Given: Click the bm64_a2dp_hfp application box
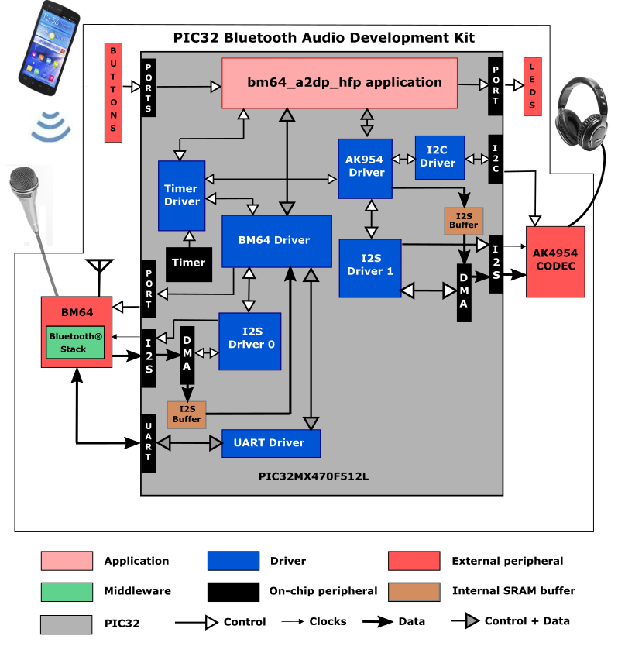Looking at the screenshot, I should pyautogui.click(x=340, y=83).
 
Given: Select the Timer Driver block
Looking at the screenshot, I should pyautogui.click(x=181, y=195).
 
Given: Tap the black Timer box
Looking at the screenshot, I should pyautogui.click(x=188, y=263).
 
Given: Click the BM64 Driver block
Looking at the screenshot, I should pyautogui.click(x=276, y=240).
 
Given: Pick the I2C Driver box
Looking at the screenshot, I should pyautogui.click(x=439, y=157).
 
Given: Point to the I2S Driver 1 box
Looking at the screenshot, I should pyautogui.click(x=369, y=267).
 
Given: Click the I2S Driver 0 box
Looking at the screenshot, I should pyautogui.click(x=249, y=341).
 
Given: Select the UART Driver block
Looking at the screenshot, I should pyautogui.click(x=271, y=443).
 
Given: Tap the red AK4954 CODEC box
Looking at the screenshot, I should pyautogui.click(x=554, y=261).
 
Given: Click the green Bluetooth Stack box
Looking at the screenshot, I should pyautogui.click(x=77, y=342).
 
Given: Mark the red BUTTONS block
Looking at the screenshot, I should pyautogui.click(x=115, y=92).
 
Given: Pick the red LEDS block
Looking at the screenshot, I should pyautogui.click(x=533, y=87).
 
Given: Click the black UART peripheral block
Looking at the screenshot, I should pyautogui.click(x=149, y=443).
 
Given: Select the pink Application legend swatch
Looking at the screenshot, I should pyautogui.click(x=67, y=561).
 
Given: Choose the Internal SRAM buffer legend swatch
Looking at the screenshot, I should pyautogui.click(x=414, y=591).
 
